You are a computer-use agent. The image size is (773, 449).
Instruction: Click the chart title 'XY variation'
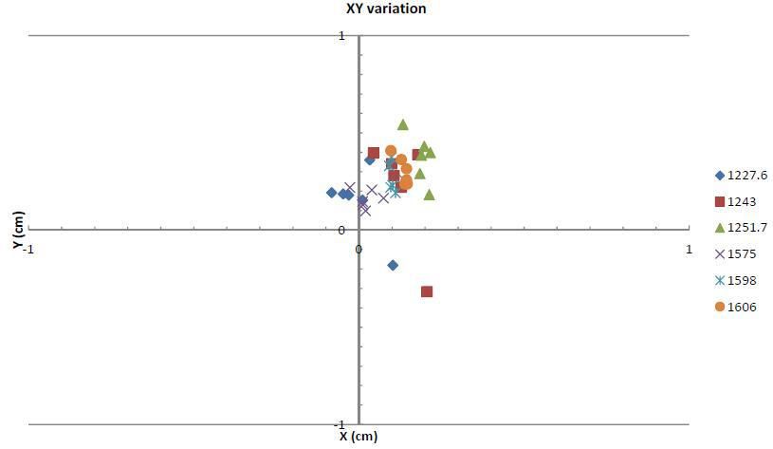click(x=386, y=9)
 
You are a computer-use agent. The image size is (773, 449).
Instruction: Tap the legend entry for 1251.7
click(x=742, y=228)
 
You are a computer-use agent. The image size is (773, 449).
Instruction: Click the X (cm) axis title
click(x=359, y=437)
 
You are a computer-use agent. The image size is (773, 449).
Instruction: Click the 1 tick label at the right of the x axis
click(x=689, y=248)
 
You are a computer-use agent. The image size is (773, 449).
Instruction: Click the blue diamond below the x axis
click(x=393, y=266)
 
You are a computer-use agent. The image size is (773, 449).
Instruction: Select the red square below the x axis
click(x=427, y=291)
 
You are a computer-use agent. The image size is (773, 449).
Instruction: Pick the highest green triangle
click(x=403, y=124)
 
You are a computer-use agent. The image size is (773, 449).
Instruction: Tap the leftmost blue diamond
click(x=332, y=193)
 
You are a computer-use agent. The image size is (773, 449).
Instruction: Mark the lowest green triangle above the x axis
click(x=429, y=195)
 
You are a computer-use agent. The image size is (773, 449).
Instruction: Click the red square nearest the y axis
click(x=374, y=153)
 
